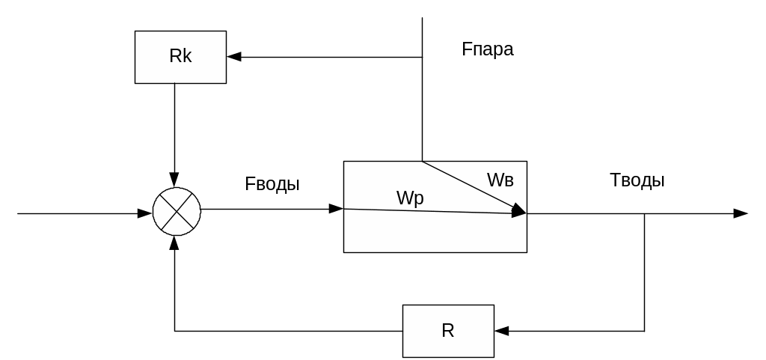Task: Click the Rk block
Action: tap(180, 57)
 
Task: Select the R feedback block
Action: tap(448, 331)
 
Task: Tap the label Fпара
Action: tap(488, 50)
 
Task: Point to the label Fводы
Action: tap(272, 184)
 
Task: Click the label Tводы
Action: tap(637, 180)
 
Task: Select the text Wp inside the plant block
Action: tap(410, 198)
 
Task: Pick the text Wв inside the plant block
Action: tap(500, 180)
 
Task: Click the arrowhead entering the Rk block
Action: tap(234, 57)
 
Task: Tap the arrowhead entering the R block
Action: tap(501, 330)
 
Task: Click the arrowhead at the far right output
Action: tap(741, 214)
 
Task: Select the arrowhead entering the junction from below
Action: tap(174, 242)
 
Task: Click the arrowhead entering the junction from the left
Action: tap(145, 214)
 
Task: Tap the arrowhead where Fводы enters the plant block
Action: tap(336, 210)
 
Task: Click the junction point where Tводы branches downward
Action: tap(645, 214)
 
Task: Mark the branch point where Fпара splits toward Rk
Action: tap(423, 57)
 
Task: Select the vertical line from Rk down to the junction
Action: tap(174, 127)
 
